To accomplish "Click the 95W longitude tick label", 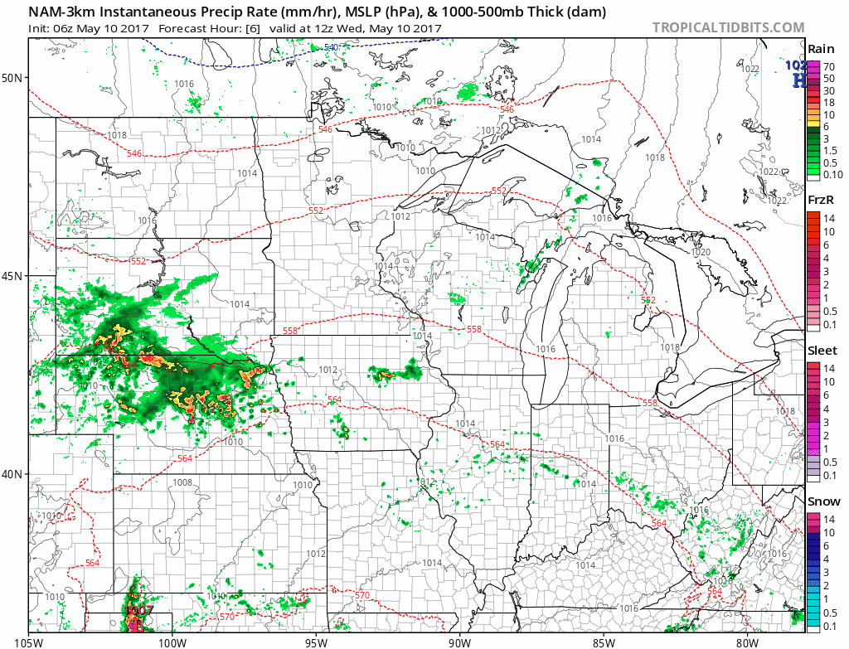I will [316, 641].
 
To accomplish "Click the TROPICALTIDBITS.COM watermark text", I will [728, 27].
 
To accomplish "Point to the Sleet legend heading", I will [822, 351].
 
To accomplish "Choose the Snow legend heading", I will [823, 501].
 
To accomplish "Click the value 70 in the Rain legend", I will [827, 65].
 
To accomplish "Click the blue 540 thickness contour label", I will [332, 47].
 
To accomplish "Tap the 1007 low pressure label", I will [137, 610].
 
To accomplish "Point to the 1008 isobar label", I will [182, 482].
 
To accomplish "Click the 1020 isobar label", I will [701, 252].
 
